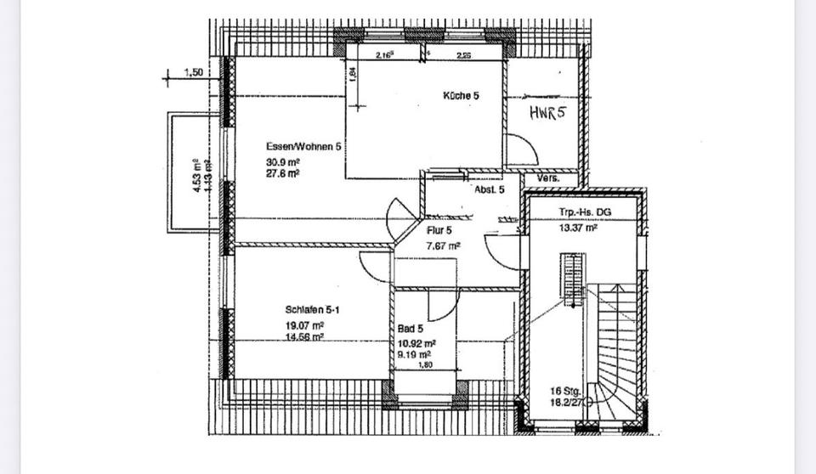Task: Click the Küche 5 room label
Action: [461, 96]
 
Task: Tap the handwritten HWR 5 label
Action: [547, 114]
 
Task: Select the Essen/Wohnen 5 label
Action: [303, 146]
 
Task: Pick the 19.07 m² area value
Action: [305, 324]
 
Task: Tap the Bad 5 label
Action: [411, 328]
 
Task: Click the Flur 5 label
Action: [439, 229]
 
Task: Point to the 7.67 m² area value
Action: [443, 245]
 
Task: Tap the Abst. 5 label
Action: [490, 189]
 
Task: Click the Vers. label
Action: [547, 179]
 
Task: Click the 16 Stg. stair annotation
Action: [566, 392]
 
